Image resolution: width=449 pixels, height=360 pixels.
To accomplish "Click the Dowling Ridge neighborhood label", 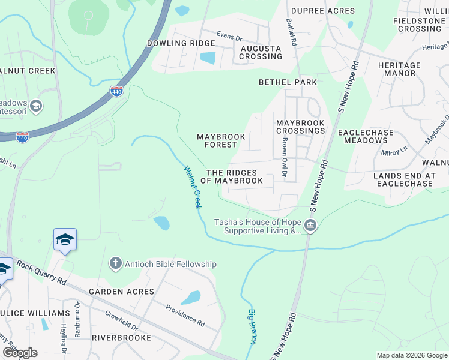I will click(181, 43).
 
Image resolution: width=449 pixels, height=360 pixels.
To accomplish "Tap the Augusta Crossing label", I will click(261, 52).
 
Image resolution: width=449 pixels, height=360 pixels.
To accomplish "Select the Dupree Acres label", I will click(322, 11).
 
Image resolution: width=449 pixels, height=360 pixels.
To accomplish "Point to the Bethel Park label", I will click(288, 82).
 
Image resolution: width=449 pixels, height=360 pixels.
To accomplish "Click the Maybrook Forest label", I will click(221, 140).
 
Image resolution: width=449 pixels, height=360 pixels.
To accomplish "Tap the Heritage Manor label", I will click(399, 69).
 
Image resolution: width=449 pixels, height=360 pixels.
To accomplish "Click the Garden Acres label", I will click(122, 292).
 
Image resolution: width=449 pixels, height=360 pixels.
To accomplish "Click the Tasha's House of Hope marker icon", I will click(310, 226).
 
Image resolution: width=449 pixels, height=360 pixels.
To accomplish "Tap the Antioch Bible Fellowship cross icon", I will click(115, 264).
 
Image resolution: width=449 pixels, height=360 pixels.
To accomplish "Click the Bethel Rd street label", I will click(291, 32).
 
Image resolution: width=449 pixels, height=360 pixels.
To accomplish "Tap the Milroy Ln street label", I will click(394, 150).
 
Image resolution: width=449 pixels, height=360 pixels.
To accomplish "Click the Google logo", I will click(20, 353).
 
